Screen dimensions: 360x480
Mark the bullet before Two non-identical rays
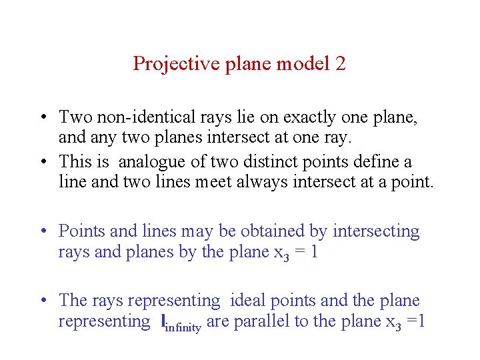(x=43, y=118)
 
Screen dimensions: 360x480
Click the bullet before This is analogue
(x=43, y=162)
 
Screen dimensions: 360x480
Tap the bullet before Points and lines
(x=43, y=232)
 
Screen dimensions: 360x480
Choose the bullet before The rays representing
(x=43, y=301)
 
